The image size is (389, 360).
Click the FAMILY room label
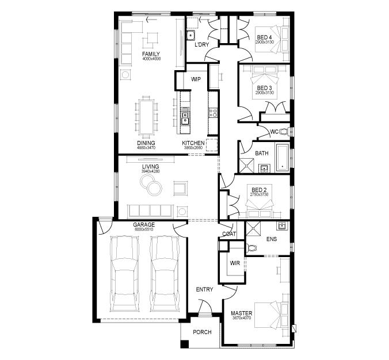pos(151,54)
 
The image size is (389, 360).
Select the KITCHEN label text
pos(193,143)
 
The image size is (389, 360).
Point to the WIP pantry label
pos(196,79)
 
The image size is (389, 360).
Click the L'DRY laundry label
pos(201,45)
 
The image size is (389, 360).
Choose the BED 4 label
pos(265,38)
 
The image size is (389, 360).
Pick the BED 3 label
pos(265,87)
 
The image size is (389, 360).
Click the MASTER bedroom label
pos(242,313)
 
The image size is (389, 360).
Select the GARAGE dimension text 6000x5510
pos(143,230)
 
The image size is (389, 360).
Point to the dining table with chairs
pos(146,115)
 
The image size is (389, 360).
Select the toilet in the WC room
pos(286,132)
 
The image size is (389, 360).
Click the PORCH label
pos(202,332)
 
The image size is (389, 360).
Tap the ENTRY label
pos(204,289)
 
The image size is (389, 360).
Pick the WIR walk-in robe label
pos(235,263)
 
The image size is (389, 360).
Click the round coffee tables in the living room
pos(152,185)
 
